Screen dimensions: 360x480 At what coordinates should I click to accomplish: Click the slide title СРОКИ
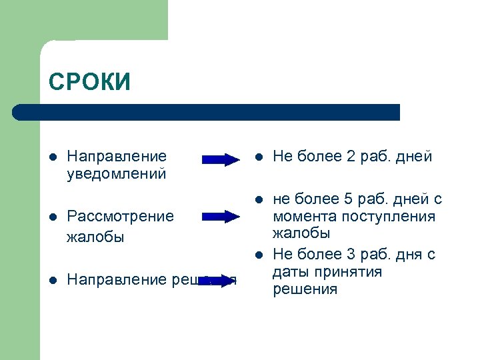tap(89, 81)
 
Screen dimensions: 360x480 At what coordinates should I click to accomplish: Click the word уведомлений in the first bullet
tap(117, 174)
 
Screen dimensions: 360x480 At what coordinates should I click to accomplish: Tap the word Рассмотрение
tap(120, 216)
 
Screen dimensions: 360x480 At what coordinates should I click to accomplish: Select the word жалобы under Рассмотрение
tap(95, 237)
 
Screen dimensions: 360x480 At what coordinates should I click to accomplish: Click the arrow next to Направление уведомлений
tap(221, 159)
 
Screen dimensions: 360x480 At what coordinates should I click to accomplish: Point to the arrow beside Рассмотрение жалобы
tap(221, 216)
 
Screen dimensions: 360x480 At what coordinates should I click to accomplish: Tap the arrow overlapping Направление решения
tap(218, 280)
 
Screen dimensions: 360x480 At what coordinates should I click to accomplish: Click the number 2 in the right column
tap(351, 157)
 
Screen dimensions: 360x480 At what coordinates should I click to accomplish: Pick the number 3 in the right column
tap(351, 255)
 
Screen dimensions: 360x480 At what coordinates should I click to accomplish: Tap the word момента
tap(305, 217)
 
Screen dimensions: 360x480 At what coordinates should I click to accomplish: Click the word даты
tap(291, 272)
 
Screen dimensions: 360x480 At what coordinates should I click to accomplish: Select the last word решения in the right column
tap(305, 289)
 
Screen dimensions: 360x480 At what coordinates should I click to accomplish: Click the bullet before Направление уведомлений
tap(53, 157)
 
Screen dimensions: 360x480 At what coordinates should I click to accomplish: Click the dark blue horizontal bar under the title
tap(207, 112)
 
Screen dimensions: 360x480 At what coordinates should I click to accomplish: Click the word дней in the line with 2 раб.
tap(414, 157)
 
